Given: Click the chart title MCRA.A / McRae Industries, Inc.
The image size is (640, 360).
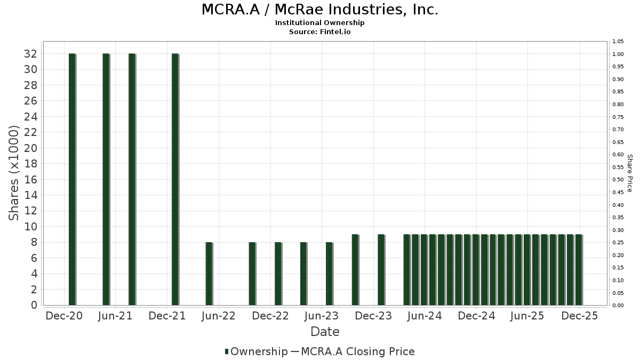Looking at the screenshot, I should point(320,10).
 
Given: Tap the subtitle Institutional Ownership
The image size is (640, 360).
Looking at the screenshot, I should point(320,23).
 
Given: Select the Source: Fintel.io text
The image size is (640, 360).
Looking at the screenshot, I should point(320,31).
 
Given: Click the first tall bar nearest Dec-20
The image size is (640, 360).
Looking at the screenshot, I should point(72,179).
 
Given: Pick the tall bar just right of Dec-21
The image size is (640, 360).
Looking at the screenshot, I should point(175,179).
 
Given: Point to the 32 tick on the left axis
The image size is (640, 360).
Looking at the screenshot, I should point(30,54).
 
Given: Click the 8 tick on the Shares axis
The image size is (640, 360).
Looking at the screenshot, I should point(34,242).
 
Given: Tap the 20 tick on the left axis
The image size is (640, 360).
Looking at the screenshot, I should point(30,148).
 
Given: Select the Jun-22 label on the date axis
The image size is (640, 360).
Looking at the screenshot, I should point(218,316).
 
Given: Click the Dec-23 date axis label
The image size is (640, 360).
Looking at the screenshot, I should point(373,316).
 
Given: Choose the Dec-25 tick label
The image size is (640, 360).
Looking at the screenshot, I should point(579,316).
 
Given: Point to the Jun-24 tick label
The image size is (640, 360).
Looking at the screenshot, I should point(424,316).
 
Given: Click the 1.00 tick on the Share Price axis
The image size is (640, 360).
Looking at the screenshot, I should point(618,54).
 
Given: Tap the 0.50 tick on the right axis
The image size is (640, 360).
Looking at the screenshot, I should point(618,180).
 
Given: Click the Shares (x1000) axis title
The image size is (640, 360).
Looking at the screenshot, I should point(14,173).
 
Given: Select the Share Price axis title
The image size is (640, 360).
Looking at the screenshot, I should point(630,173).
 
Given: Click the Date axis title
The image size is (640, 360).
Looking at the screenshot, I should point(325,332).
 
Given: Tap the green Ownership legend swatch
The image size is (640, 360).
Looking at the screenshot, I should point(227,351).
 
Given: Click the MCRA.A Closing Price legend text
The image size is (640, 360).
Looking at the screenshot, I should point(358,351).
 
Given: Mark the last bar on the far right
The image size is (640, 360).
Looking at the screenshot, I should point(579,269).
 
